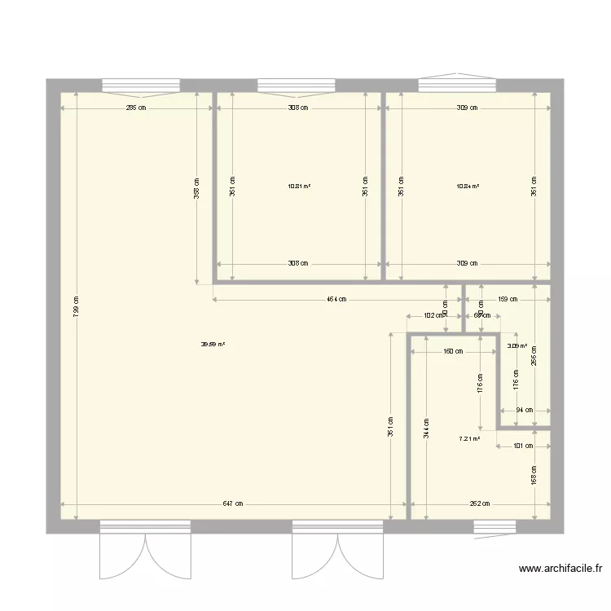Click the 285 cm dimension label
click(x=136, y=108)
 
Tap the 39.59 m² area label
click(x=213, y=344)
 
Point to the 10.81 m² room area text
click(x=299, y=186)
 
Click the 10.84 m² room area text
click(x=468, y=186)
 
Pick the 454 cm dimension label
click(x=336, y=299)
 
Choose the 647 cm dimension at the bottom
click(x=233, y=503)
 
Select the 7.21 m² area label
click(x=469, y=438)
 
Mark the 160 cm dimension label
click(x=453, y=352)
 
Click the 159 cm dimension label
click(x=507, y=299)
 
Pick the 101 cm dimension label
click(x=523, y=446)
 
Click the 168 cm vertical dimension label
click(x=534, y=475)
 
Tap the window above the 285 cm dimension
click(x=140, y=85)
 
